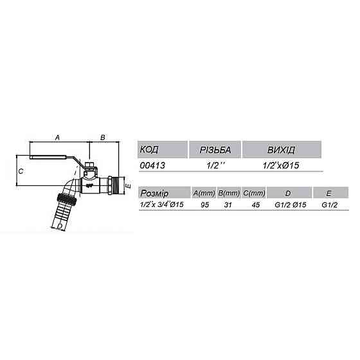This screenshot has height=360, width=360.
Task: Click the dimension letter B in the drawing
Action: coord(102,138)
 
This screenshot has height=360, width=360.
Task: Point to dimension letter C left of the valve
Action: coord(21,171)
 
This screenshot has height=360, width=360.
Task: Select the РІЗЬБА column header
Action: coord(215,150)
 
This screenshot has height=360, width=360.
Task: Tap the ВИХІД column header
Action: coord(281,150)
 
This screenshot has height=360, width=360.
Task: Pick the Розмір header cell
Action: coord(154,193)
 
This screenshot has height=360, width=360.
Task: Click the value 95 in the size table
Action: coord(204,204)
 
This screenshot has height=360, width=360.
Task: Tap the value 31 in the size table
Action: coord(229,204)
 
